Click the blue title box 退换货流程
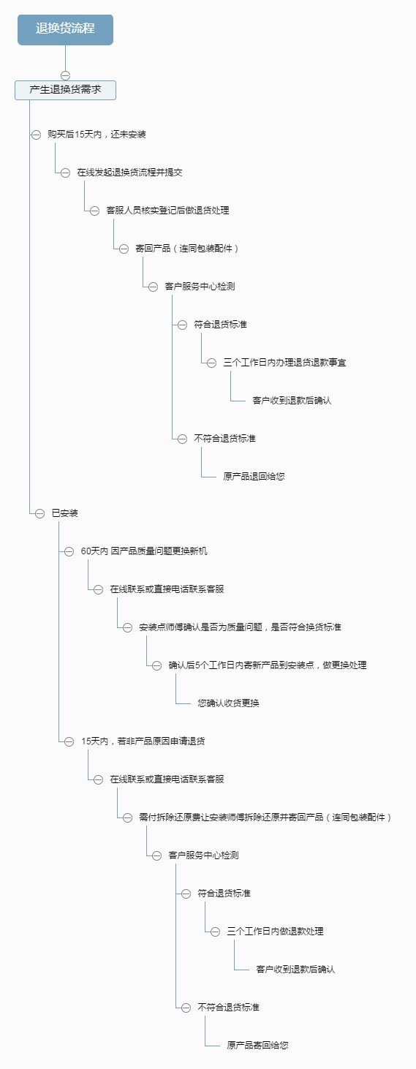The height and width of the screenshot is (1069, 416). click(65, 29)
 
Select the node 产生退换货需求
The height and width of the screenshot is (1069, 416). click(65, 90)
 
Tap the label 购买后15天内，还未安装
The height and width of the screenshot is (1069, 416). click(97, 135)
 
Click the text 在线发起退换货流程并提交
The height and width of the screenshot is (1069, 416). click(129, 173)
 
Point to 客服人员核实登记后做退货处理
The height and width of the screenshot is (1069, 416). click(167, 211)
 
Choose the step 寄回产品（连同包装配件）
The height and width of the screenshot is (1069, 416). click(186, 249)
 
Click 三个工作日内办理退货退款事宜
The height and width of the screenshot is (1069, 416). click(284, 363)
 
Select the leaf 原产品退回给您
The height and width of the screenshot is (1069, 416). click(254, 476)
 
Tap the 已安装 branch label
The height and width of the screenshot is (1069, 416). click(64, 513)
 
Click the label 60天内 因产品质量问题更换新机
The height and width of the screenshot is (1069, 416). click(144, 551)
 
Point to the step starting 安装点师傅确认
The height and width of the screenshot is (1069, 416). click(240, 627)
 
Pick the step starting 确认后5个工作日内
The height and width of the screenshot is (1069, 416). click(267, 665)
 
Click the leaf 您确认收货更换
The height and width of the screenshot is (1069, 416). click(228, 703)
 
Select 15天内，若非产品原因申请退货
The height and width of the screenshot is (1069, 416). click(143, 741)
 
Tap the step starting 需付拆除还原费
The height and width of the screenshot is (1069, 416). click(265, 817)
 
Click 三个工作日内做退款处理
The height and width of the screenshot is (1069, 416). click(275, 932)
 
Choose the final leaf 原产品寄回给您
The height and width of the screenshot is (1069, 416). click(257, 1046)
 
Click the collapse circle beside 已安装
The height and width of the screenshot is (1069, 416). click(40, 513)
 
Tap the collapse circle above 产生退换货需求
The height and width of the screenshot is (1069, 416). click(65, 75)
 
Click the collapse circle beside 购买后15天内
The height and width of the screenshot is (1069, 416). click(36, 135)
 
